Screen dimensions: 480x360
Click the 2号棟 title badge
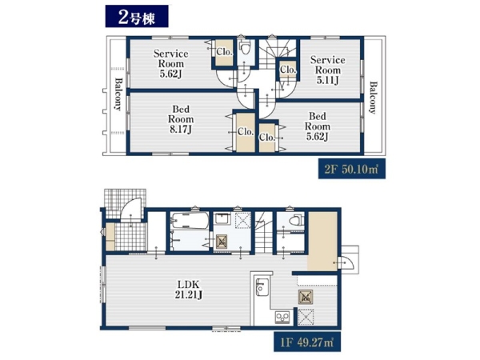click(x=137, y=16)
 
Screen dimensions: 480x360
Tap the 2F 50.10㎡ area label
click(x=352, y=169)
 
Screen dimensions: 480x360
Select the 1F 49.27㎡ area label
click(x=307, y=342)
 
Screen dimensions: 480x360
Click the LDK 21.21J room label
click(x=189, y=290)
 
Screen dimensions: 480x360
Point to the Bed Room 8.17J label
click(x=181, y=119)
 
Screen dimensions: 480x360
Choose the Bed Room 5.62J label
click(x=318, y=126)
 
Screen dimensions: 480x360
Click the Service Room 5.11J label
click(x=327, y=70)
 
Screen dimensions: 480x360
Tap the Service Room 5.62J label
click(x=171, y=64)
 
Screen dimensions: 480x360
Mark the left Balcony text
click(x=118, y=94)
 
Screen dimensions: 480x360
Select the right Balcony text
click(x=373, y=98)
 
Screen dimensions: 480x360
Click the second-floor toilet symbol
click(x=245, y=48)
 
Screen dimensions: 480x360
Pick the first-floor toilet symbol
click(x=297, y=220)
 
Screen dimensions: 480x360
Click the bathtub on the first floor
click(x=190, y=221)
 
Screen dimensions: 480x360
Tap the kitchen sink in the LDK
click(x=262, y=287)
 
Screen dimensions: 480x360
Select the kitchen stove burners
click(x=282, y=317)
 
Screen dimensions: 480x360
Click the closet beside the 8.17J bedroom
click(x=246, y=132)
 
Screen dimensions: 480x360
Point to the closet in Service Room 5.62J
click(x=224, y=53)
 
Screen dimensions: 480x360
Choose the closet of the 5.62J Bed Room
click(x=267, y=138)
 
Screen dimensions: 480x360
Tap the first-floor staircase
click(x=263, y=232)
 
